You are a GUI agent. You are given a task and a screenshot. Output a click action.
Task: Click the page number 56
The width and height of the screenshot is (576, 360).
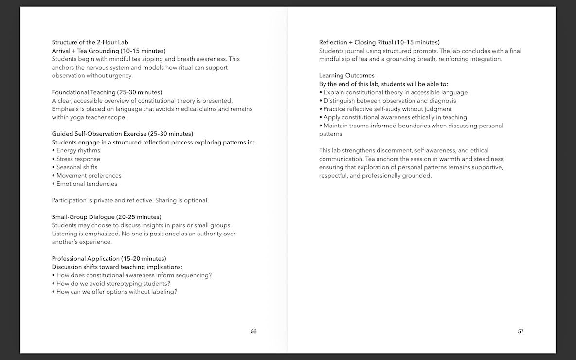pos(253,331)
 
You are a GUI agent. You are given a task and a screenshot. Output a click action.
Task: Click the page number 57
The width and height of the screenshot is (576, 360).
pos(521,331)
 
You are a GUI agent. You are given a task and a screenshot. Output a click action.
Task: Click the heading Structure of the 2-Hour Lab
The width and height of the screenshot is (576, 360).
pos(90,42)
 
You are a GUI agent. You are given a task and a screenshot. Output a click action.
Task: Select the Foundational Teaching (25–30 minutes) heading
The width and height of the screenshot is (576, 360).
pos(107,92)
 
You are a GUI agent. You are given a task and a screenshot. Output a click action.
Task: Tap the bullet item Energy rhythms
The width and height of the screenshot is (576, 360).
pos(78,150)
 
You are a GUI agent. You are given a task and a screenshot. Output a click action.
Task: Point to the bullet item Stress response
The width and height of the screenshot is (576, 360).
pos(78,159)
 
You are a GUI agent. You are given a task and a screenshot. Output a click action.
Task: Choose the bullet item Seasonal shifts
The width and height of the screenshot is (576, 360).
pos(76,167)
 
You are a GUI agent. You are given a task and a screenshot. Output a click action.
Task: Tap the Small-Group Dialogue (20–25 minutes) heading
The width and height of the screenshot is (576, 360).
pos(107,217)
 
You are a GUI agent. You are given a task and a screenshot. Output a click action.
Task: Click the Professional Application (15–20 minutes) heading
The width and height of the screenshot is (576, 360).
pos(109,259)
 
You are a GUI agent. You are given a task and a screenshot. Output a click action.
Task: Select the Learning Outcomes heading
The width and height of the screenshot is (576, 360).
pos(347,75)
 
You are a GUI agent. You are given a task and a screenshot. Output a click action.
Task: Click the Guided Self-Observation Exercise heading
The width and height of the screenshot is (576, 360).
pos(123,134)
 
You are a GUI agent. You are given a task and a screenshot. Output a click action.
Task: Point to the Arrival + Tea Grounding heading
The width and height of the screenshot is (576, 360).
pos(108,51)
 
